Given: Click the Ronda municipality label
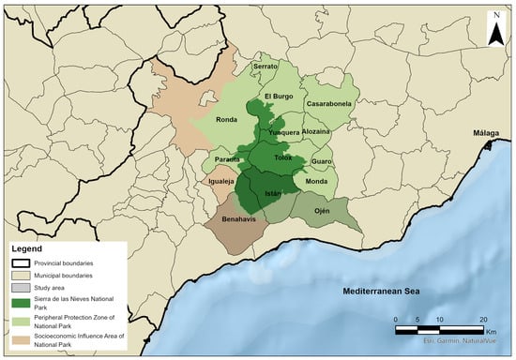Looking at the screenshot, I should click(226, 120).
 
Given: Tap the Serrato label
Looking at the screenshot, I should click(266, 67).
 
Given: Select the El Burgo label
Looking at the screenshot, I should click(280, 97).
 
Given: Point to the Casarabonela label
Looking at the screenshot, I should click(325, 104).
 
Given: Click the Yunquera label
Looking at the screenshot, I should click(284, 133).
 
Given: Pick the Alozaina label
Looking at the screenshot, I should click(316, 132).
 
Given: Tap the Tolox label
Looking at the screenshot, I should click(283, 157).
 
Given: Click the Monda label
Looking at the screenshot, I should click(317, 181).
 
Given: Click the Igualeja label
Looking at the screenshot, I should click(220, 179).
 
